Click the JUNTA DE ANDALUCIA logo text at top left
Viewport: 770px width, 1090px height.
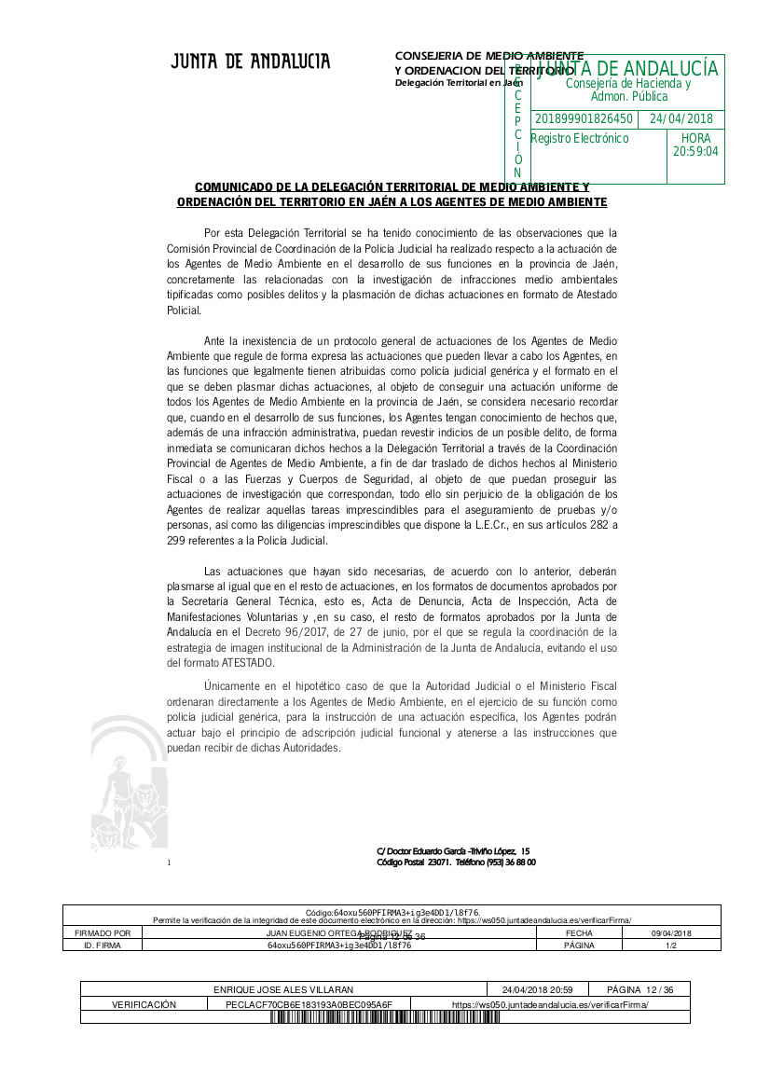(250, 62)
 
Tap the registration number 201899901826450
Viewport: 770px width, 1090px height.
(584, 119)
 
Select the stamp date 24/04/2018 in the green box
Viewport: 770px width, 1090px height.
(681, 119)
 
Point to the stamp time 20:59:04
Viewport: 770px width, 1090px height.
(695, 151)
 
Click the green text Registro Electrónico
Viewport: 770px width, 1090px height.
(580, 139)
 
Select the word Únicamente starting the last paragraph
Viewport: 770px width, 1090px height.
(234, 686)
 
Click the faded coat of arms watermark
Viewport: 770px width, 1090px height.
(131, 783)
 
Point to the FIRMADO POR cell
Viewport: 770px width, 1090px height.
(103, 933)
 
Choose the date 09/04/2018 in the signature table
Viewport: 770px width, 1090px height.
(671, 933)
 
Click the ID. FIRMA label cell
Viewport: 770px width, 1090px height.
(103, 945)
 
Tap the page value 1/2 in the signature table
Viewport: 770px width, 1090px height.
(671, 945)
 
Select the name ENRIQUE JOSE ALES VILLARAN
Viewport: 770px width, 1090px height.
(283, 989)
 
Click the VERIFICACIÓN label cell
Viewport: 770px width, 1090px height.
(144, 1004)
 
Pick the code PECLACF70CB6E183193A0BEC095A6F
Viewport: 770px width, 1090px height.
(309, 1004)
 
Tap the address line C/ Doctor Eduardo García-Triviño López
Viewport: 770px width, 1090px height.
(453, 850)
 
